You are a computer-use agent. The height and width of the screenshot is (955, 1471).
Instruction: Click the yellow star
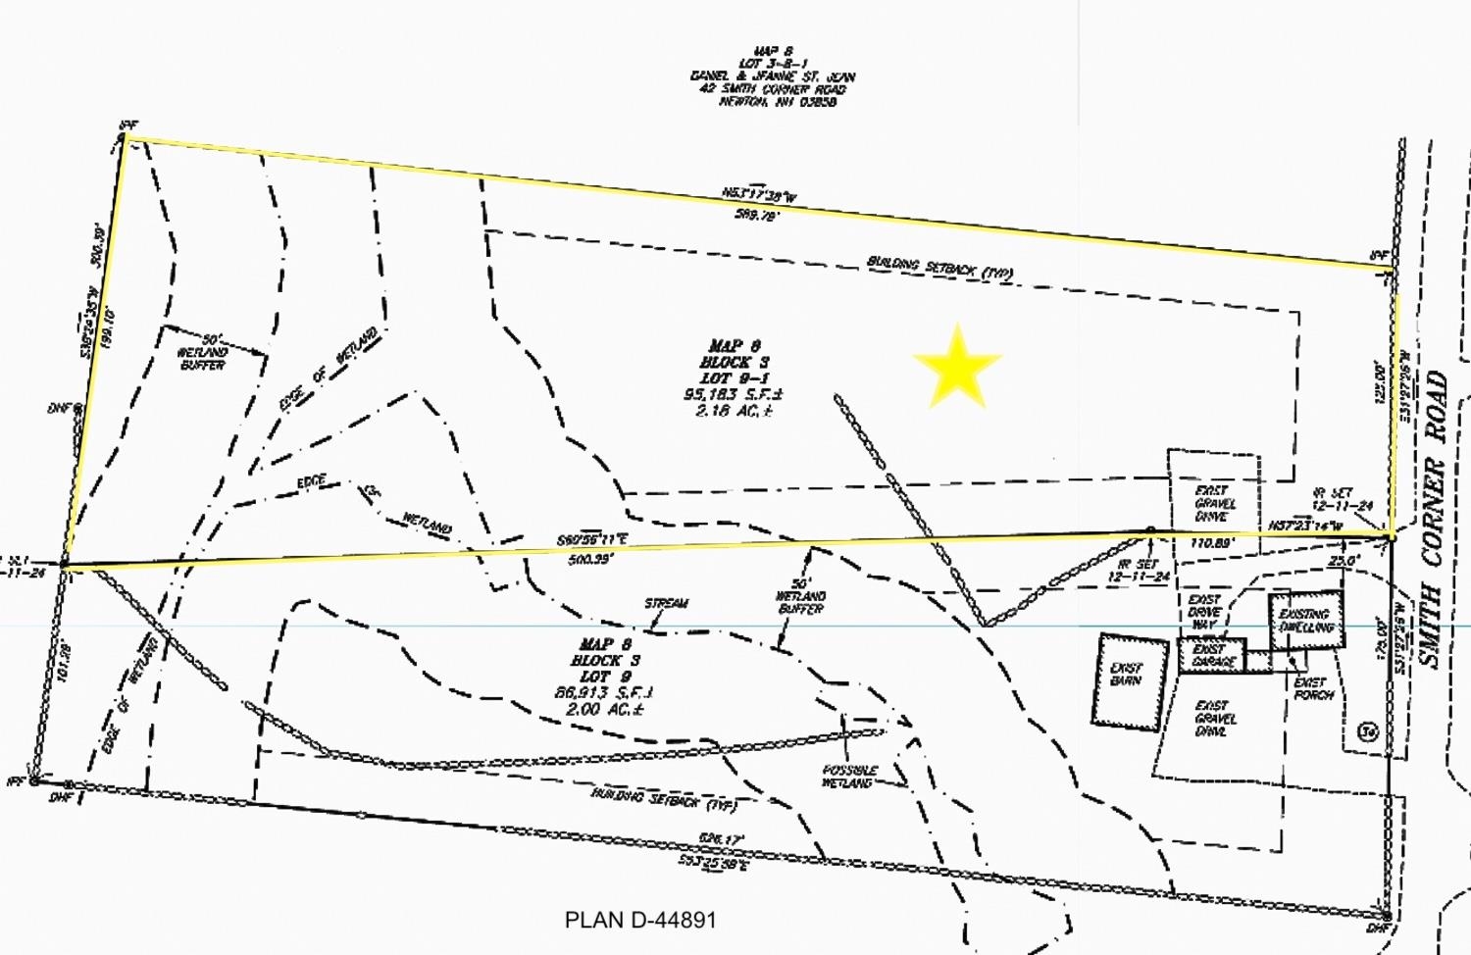tap(956, 366)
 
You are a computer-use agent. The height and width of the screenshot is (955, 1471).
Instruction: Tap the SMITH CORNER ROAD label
tap(1436, 520)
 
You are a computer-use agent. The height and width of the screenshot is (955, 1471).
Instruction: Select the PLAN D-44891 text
tap(640, 921)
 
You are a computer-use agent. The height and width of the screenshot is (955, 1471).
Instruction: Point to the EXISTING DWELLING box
tap(1305, 620)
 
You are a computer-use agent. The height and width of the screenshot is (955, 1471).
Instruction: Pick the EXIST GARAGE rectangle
tap(1213, 655)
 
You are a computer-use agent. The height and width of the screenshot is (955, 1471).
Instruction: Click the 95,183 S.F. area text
tap(734, 394)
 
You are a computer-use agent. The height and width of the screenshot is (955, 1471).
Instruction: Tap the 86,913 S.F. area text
tap(604, 692)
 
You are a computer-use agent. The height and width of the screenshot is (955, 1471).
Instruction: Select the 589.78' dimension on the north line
tap(755, 216)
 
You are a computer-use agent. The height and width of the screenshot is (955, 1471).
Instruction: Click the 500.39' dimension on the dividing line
tap(590, 559)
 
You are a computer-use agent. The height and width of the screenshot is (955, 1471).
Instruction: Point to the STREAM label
tap(667, 603)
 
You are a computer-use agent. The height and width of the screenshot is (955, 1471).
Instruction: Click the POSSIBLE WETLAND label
tap(849, 777)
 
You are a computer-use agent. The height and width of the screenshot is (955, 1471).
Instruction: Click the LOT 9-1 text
tap(735, 377)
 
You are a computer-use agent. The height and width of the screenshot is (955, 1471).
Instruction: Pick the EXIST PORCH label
tap(1313, 688)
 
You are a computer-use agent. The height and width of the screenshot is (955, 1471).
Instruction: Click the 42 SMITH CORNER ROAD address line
tap(771, 89)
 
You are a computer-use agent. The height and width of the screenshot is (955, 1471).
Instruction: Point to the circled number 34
tap(1367, 731)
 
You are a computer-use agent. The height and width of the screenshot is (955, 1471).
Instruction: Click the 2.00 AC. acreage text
tap(604, 709)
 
